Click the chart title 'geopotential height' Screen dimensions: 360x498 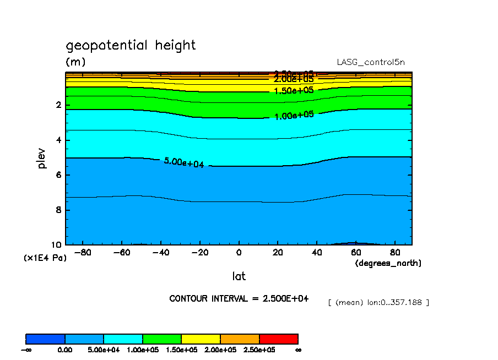tap(131, 45)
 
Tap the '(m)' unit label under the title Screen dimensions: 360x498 tap(75, 62)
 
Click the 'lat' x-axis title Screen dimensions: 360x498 tap(239, 276)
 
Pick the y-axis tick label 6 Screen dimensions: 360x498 tap(59, 175)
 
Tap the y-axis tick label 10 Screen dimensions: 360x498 tap(57, 245)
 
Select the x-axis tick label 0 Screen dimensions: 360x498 tap(239, 253)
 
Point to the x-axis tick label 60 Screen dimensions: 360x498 tap(356, 253)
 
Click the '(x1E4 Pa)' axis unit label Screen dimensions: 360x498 tap(45, 258)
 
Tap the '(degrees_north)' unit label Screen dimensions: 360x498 tap(388, 263)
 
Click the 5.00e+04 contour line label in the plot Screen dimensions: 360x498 tap(184, 162)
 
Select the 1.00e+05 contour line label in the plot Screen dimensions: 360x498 tap(294, 115)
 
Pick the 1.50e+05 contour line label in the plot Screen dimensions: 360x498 tap(294, 91)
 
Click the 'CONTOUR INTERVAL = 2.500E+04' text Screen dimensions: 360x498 tap(239, 298)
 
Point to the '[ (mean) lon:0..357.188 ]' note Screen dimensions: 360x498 tap(378, 303)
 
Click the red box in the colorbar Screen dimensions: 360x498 tap(279, 339)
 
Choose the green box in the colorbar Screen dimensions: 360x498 tap(162, 339)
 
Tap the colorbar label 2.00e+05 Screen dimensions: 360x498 tap(220, 350)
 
